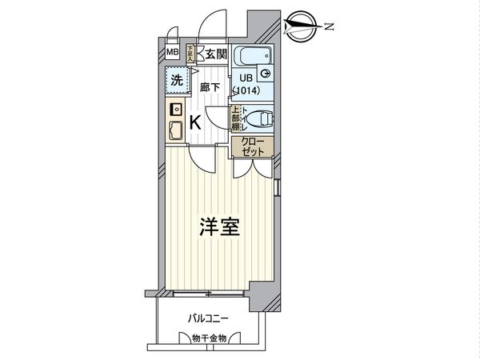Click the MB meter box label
[x=173, y=54]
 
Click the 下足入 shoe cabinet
[x=190, y=54]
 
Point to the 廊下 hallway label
[x=209, y=87]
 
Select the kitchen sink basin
[x=176, y=129]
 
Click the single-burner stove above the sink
[x=176, y=109]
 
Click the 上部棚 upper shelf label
[x=236, y=120]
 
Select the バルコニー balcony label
[x=208, y=318]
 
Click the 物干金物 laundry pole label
[x=210, y=338]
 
